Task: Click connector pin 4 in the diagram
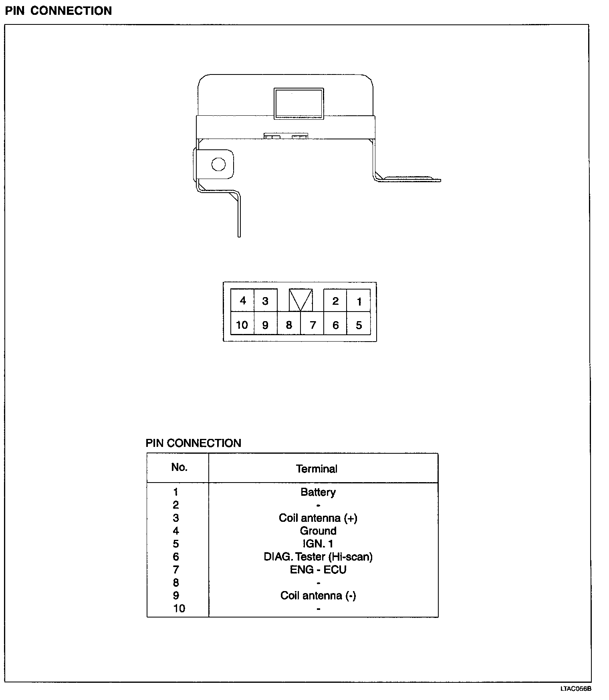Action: pyautogui.click(x=242, y=300)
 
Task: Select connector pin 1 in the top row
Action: pyautogui.click(x=359, y=301)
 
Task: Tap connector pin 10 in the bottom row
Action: pyautogui.click(x=242, y=325)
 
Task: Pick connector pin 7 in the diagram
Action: pyautogui.click(x=313, y=325)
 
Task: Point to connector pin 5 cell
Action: pyautogui.click(x=359, y=325)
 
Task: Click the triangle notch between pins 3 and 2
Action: pyautogui.click(x=300, y=300)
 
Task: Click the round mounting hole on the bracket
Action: pyautogui.click(x=218, y=164)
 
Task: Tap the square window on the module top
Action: pyautogui.click(x=298, y=103)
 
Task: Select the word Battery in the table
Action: pyautogui.click(x=318, y=492)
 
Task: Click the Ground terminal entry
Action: pyautogui.click(x=318, y=531)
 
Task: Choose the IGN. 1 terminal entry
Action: pyautogui.click(x=318, y=544)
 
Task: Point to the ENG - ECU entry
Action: pyautogui.click(x=318, y=569)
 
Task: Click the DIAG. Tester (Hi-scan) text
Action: pyautogui.click(x=318, y=557)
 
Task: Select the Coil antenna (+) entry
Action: pyautogui.click(x=318, y=518)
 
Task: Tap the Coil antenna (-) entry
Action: pyautogui.click(x=318, y=595)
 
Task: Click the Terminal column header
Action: pyautogui.click(x=317, y=469)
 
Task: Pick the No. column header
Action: pyautogui.click(x=179, y=467)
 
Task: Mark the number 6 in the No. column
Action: pyautogui.click(x=176, y=557)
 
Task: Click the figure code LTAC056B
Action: pyautogui.click(x=576, y=689)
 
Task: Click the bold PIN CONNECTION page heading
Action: pyautogui.click(x=58, y=11)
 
